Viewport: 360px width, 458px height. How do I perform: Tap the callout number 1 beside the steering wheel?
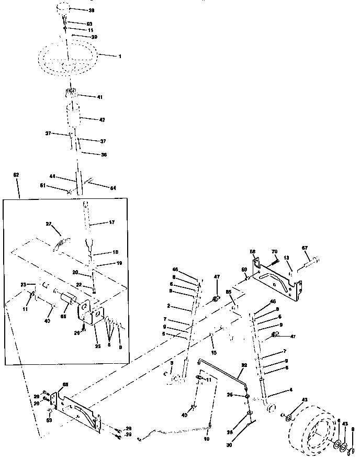[119, 56]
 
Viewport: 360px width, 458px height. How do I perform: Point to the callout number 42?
[102, 120]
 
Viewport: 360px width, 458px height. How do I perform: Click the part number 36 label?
[104, 154]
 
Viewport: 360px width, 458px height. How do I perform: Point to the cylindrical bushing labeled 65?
[67, 301]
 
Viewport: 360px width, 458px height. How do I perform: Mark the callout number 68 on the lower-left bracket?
[65, 385]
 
